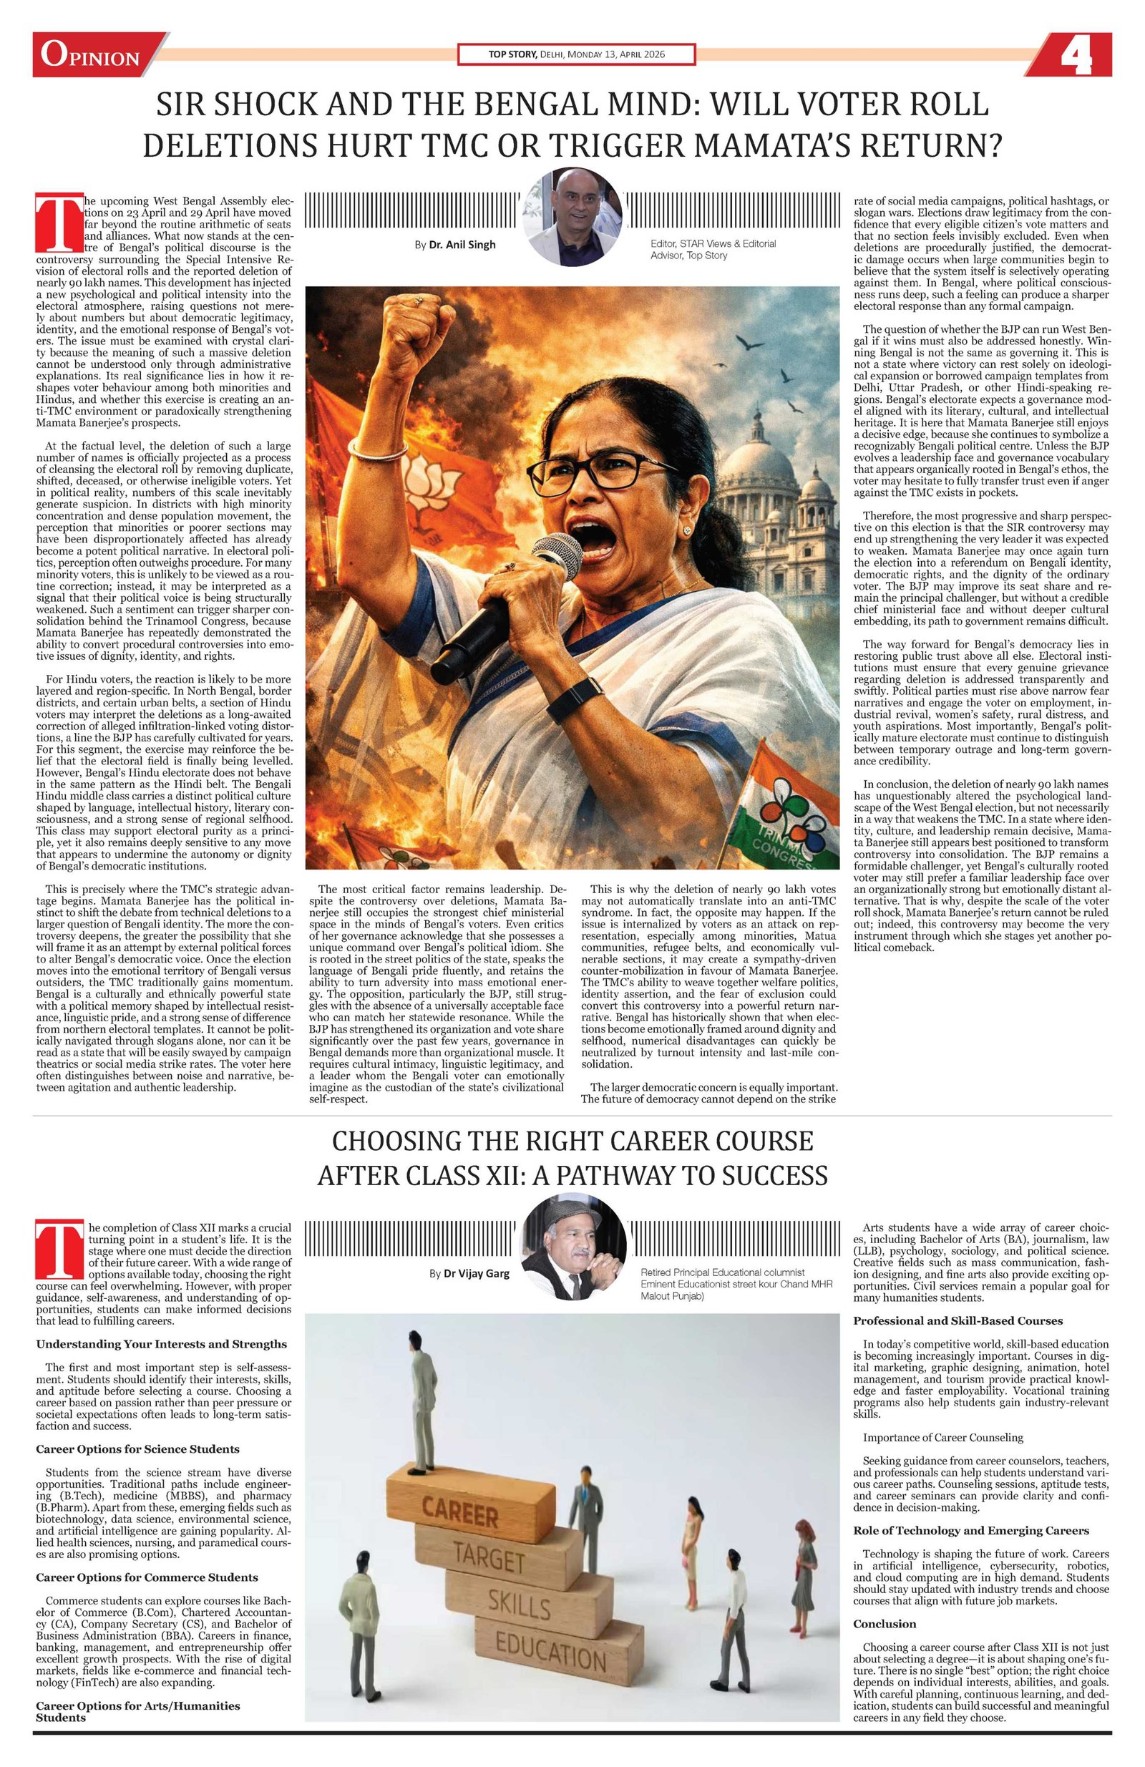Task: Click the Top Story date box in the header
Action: [576, 55]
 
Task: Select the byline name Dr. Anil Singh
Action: [462, 244]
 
